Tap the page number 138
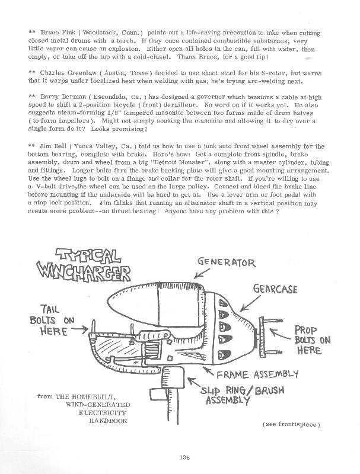pos(183,456)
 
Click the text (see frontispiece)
pos(290,425)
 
